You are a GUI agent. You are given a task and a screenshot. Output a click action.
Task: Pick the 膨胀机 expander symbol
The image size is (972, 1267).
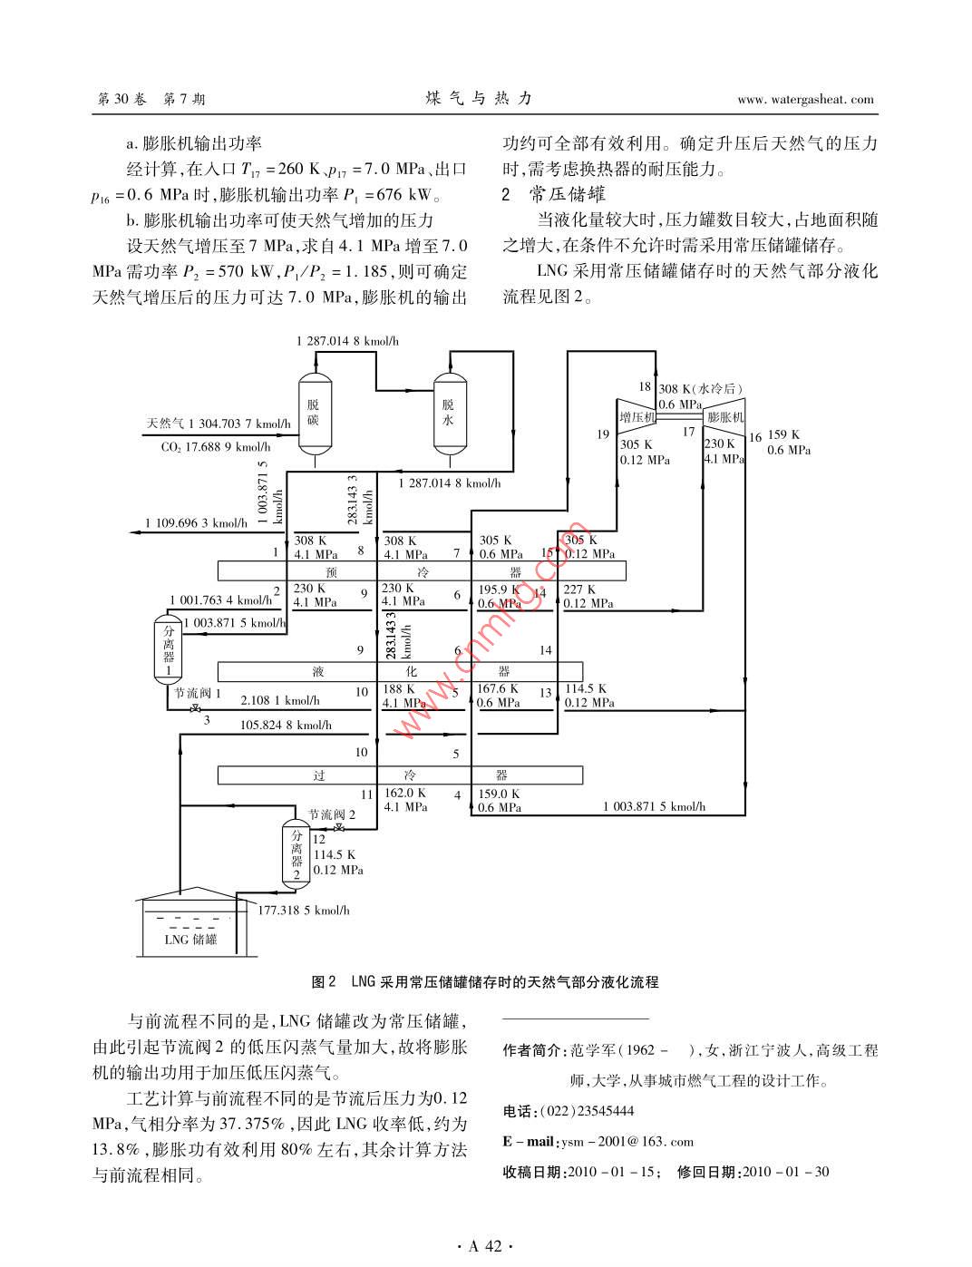tap(724, 416)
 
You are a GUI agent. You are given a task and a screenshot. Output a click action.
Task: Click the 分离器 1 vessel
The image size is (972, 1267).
tap(167, 649)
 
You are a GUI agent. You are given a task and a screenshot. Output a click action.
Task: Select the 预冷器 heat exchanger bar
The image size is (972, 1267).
tap(422, 571)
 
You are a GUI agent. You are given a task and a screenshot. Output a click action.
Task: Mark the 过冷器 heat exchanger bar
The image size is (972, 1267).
tap(400, 775)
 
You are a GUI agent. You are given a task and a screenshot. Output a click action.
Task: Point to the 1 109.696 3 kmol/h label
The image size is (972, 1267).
tap(195, 522)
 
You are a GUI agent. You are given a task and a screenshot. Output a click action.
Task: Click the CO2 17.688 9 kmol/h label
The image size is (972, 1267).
tap(215, 446)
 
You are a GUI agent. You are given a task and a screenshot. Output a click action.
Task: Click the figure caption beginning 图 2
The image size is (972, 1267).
tap(485, 981)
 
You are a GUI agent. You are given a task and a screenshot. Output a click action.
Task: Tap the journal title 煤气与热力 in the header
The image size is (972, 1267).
tap(477, 99)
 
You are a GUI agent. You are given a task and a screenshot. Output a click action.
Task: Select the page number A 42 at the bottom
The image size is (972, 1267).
tap(485, 1246)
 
